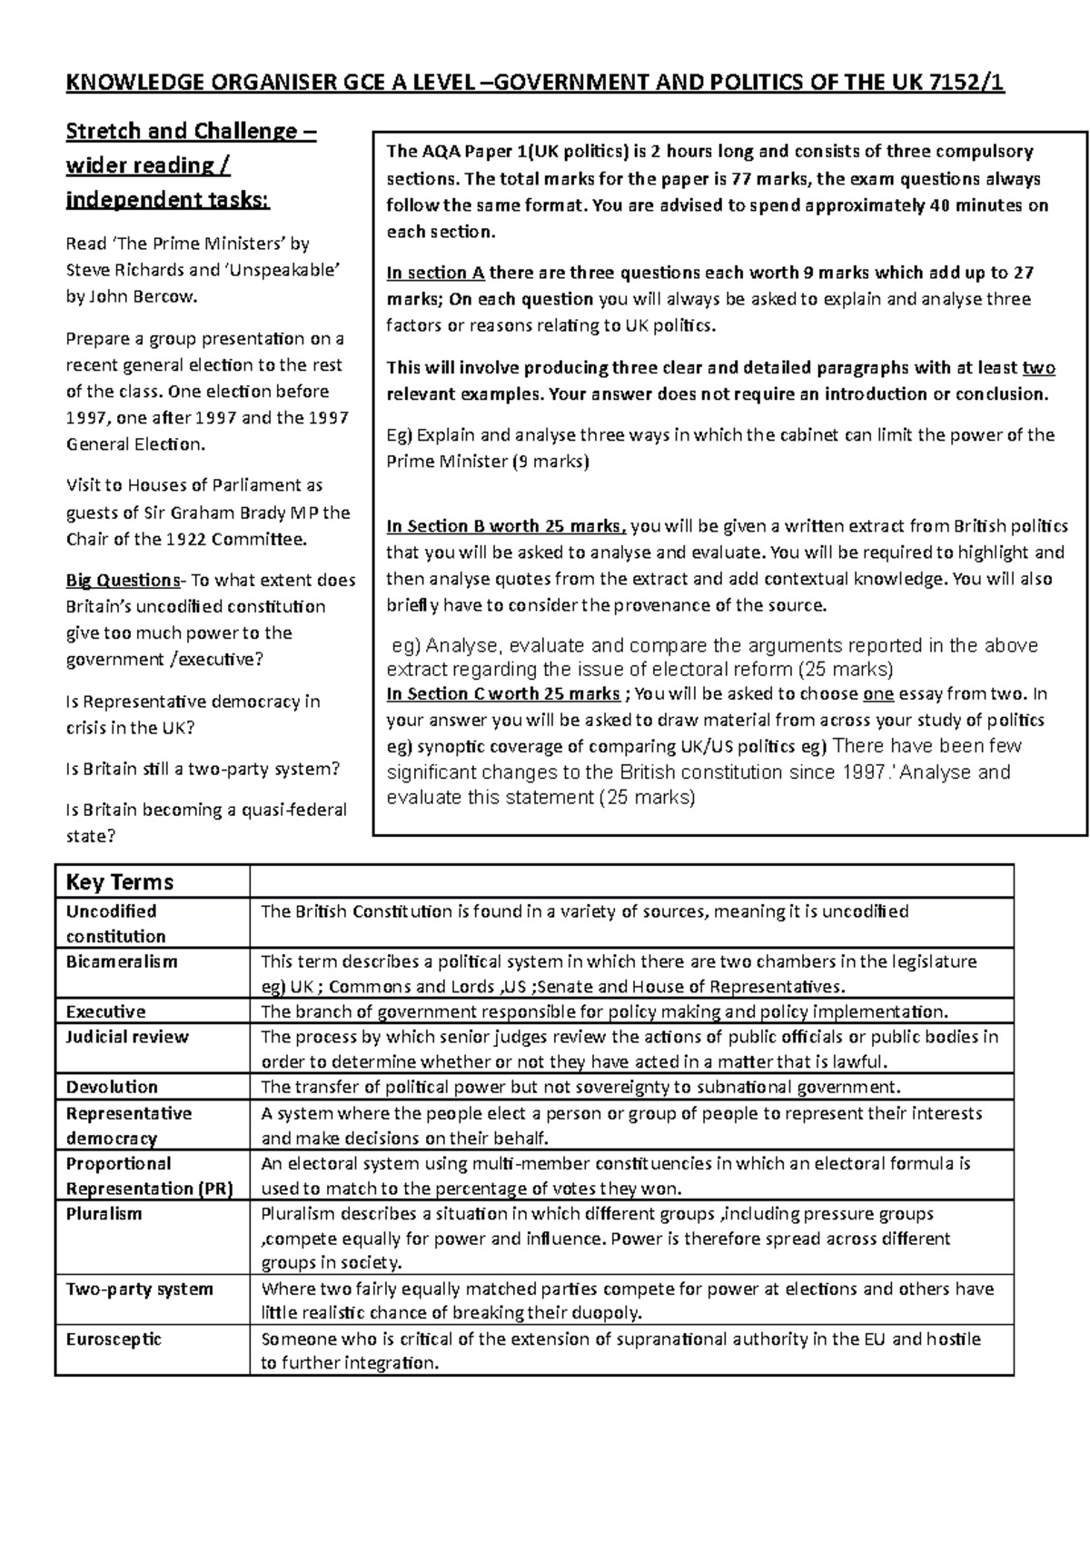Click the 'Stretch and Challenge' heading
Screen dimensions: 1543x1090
pos(191,132)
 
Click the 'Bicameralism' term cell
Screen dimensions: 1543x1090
pos(122,961)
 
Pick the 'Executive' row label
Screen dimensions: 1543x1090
pos(105,1011)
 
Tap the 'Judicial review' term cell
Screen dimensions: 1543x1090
pos(127,1037)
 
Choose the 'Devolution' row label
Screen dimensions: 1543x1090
pos(112,1087)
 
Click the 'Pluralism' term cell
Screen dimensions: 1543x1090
pos(104,1214)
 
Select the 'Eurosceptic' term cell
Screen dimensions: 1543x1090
pos(114,1339)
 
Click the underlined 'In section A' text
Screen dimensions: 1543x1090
pos(436,273)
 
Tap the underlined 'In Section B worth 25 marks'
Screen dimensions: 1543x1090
pos(505,526)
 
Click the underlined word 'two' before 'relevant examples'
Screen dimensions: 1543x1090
pos(1038,368)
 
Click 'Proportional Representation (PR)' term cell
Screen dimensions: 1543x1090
pos(150,1176)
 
